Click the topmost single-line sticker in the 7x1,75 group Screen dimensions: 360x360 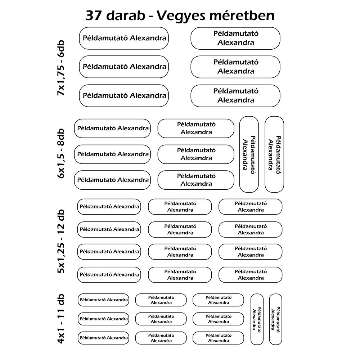click(124, 38)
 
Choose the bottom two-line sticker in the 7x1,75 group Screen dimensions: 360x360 click(235, 96)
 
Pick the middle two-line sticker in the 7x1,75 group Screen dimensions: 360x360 click(235, 67)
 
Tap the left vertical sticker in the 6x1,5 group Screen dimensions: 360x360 click(249, 154)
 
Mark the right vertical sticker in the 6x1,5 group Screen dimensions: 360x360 click(274, 154)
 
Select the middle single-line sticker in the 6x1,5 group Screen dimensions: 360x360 click(112, 154)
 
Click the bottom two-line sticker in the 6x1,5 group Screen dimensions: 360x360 click(196, 180)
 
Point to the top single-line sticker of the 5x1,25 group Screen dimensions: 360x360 click(109, 207)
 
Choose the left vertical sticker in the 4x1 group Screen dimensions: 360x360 click(257, 319)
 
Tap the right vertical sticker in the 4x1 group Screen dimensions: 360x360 click(275, 319)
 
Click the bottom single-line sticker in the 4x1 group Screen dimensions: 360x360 click(103, 338)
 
